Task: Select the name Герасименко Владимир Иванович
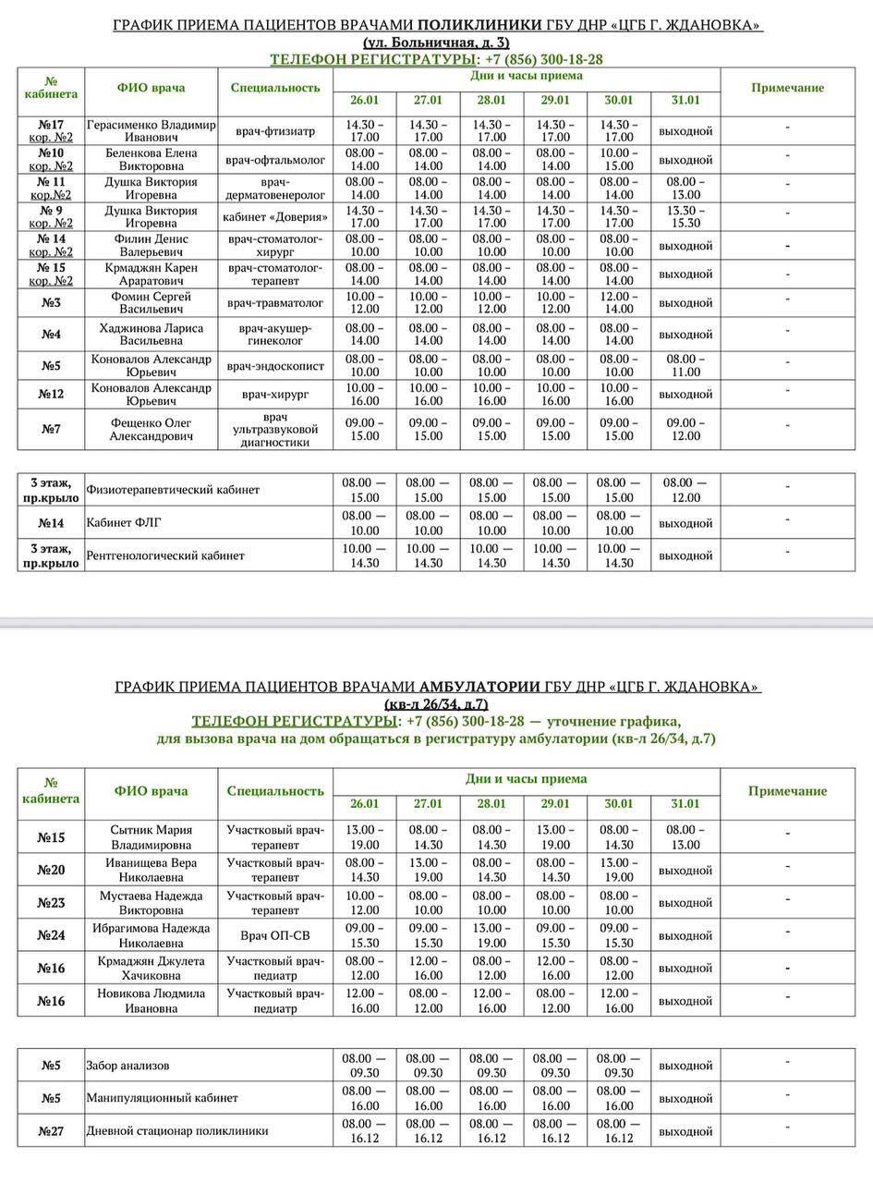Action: (x=151, y=130)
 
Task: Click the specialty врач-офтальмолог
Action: (x=275, y=160)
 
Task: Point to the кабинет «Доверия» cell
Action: (x=275, y=217)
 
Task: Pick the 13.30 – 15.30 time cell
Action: (x=685, y=217)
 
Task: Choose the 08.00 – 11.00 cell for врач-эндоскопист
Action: (x=685, y=366)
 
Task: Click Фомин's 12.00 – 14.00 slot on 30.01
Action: (x=618, y=303)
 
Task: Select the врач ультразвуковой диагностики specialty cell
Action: (x=275, y=430)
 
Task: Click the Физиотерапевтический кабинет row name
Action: (x=173, y=490)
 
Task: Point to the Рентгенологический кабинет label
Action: (x=165, y=555)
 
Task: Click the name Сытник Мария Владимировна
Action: (x=151, y=837)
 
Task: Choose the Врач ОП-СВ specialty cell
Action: (x=275, y=935)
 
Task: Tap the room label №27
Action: (x=51, y=1131)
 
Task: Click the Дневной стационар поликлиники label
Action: (x=177, y=1131)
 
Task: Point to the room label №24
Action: (x=51, y=935)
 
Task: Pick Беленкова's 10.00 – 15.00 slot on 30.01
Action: (x=618, y=160)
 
